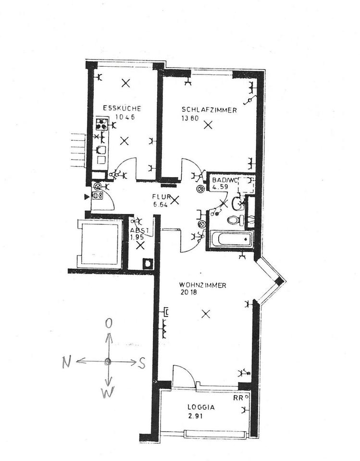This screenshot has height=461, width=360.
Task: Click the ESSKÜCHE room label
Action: [x=122, y=108]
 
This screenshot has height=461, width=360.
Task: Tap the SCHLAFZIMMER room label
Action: [x=209, y=110]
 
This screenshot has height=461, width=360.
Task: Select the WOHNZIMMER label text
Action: [x=202, y=285]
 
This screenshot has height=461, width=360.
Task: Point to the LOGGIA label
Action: [x=201, y=407]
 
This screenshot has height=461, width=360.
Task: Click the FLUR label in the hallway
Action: [x=161, y=197]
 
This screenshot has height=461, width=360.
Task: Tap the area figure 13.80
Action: [x=190, y=118]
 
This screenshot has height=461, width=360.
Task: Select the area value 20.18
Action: [x=189, y=292]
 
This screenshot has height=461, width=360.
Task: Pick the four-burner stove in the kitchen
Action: [x=101, y=124]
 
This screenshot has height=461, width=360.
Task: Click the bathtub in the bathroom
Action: [x=232, y=239]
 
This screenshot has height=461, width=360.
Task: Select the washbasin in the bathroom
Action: [x=237, y=204]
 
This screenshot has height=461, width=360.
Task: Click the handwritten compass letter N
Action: [x=67, y=362]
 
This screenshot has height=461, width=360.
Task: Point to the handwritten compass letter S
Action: [x=142, y=364]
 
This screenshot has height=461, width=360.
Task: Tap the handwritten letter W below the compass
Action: [x=107, y=392]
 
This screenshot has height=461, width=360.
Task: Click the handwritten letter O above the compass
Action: [x=109, y=324]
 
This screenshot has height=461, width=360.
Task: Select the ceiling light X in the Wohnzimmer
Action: [x=206, y=314]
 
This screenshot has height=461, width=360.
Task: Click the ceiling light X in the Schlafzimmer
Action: [x=208, y=125]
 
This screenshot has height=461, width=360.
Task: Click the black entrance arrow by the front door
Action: [x=87, y=197]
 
